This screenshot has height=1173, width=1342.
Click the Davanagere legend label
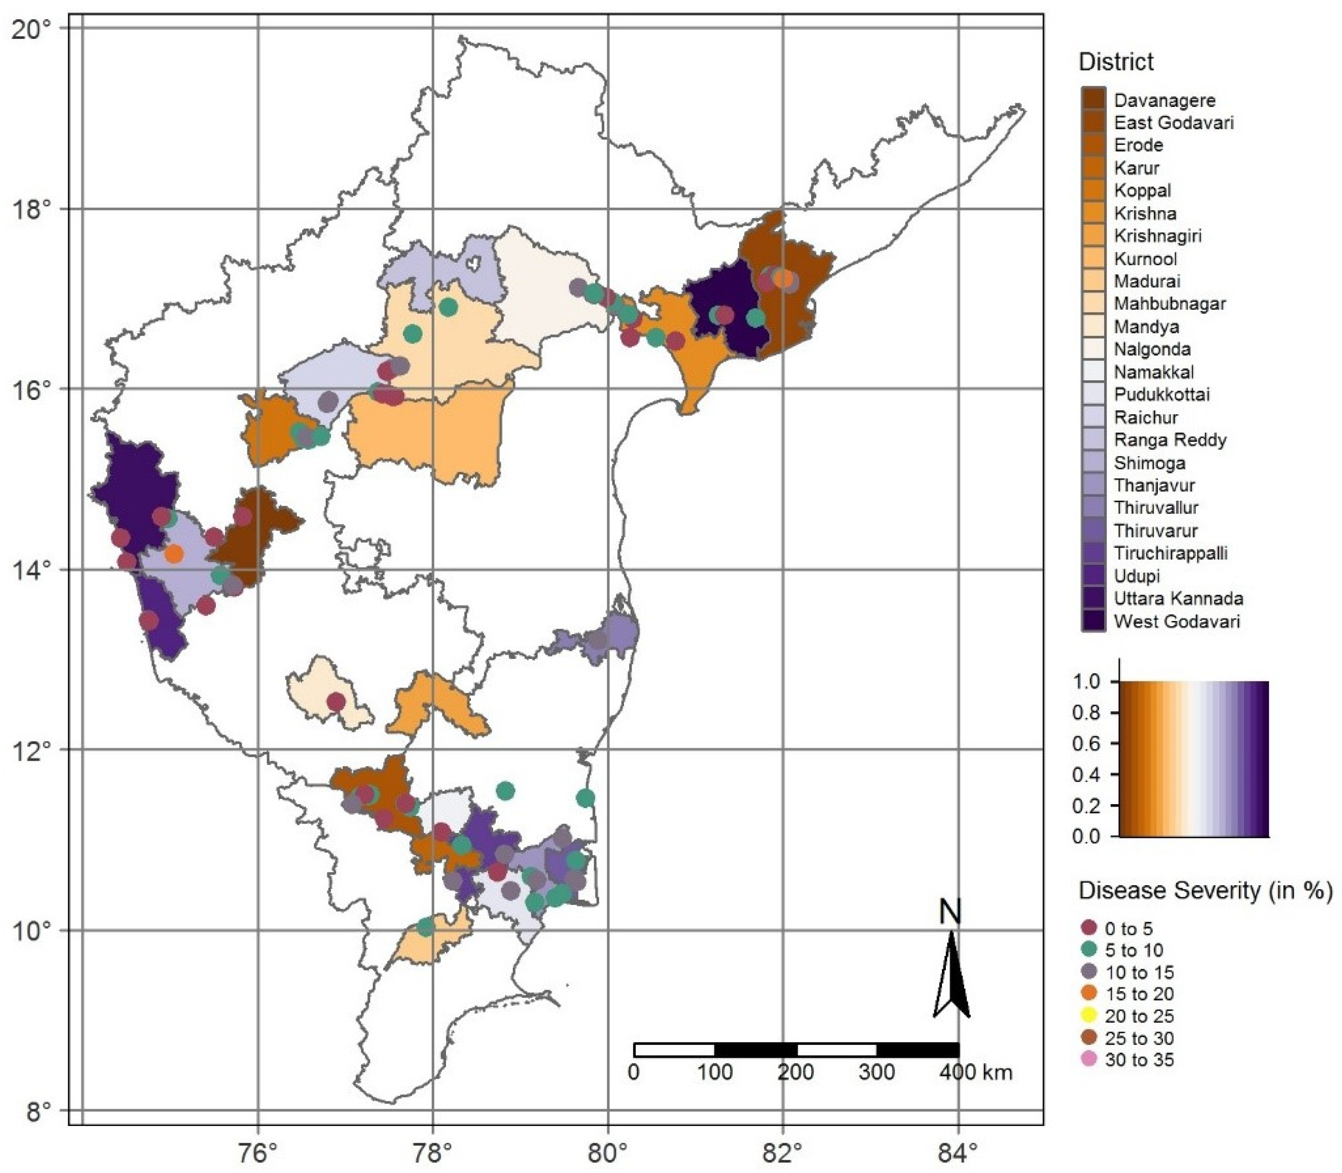coord(1165,100)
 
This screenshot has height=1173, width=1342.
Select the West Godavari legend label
coord(1177,621)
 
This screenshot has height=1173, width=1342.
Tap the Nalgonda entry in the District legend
coord(1152,349)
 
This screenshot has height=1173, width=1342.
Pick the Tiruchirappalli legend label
coord(1170,553)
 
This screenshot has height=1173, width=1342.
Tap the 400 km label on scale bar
coord(976,1072)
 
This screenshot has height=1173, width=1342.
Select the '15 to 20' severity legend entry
coord(1139,994)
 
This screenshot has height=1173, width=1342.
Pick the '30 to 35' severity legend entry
coord(1139,1060)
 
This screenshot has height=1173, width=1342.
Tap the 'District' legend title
coord(1116,62)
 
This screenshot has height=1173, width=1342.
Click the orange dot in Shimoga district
coord(174,554)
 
